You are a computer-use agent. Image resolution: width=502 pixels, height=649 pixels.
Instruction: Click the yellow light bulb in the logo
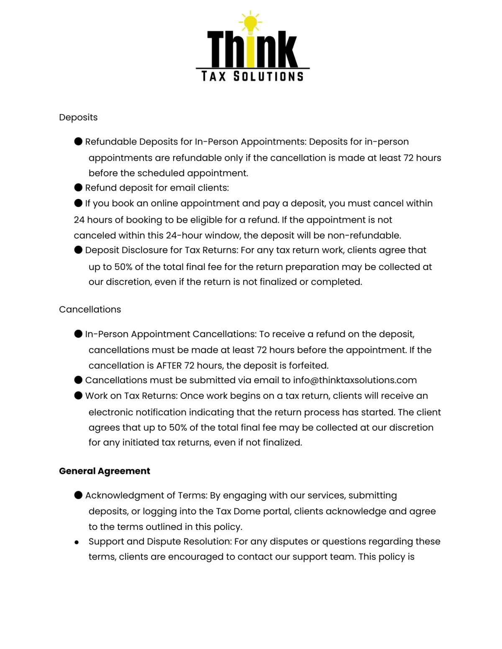click(251, 24)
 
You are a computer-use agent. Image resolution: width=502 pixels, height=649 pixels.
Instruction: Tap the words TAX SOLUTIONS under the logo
click(252, 76)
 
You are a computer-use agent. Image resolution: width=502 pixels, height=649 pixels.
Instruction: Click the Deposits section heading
click(78, 117)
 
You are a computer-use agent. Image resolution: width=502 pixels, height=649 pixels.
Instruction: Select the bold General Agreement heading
click(105, 471)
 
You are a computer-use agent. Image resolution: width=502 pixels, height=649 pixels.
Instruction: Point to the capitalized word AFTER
click(169, 366)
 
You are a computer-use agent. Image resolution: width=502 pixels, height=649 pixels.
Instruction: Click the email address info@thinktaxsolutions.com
click(355, 380)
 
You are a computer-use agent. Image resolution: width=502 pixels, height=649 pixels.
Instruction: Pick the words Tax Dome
click(238, 512)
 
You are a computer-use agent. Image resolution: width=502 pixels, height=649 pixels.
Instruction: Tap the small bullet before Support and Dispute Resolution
click(77, 542)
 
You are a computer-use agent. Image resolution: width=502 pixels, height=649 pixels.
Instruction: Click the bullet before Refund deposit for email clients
click(78, 188)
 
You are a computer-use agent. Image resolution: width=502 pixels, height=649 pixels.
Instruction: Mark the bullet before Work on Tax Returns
click(78, 395)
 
